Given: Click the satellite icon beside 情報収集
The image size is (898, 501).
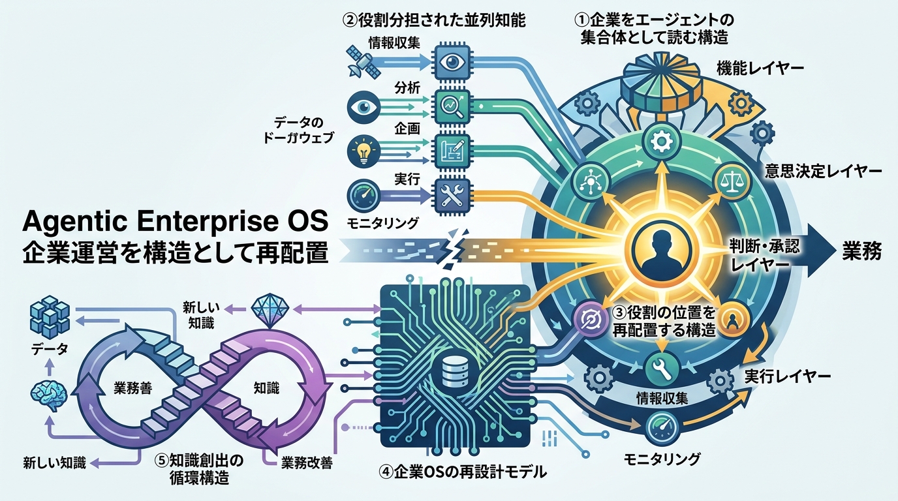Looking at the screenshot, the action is click(x=364, y=61).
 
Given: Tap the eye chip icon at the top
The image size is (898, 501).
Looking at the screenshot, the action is click(x=452, y=62).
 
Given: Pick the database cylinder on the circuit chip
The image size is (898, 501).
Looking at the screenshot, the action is click(x=455, y=371).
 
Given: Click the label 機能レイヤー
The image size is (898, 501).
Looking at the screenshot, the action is click(x=760, y=69).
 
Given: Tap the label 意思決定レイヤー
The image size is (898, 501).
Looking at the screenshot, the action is click(x=823, y=171).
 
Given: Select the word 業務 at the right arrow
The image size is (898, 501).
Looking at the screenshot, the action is click(x=861, y=251).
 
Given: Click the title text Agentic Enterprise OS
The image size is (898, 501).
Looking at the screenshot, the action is click(x=175, y=221).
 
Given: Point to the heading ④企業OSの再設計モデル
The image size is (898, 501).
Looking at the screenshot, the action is click(x=463, y=472).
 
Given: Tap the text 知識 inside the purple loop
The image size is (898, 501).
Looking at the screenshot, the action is click(x=266, y=387).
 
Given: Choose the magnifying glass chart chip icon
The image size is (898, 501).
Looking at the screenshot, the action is click(x=452, y=106).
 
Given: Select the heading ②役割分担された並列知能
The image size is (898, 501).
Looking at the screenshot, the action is click(x=434, y=20).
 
